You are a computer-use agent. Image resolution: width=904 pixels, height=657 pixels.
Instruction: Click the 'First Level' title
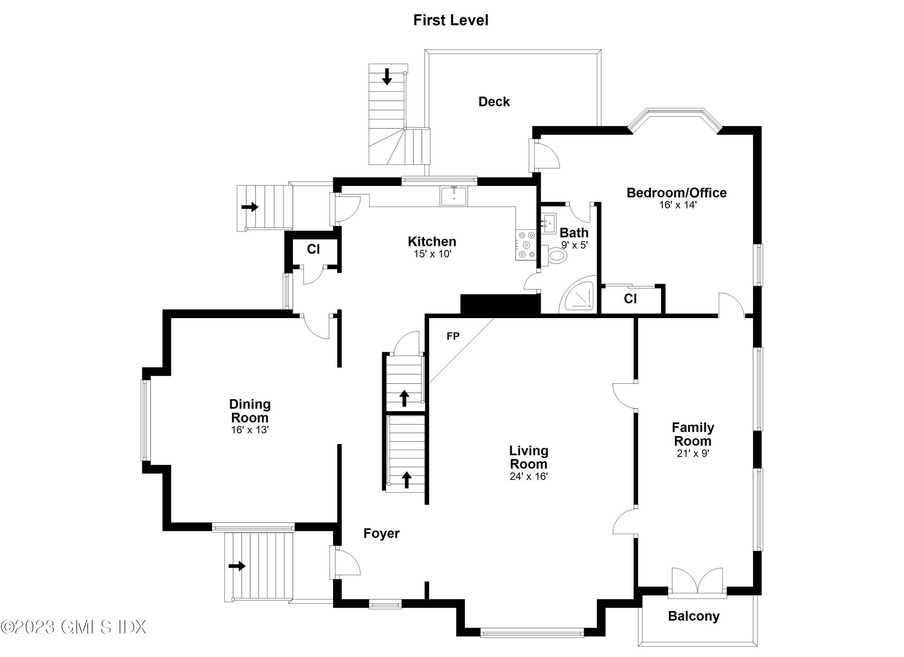pos(450,20)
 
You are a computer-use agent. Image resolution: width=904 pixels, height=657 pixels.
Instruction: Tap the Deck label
pos(494,102)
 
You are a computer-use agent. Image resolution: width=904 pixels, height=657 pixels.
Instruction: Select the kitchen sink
pos(454,196)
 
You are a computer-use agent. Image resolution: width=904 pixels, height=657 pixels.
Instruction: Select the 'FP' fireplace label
pos(453,336)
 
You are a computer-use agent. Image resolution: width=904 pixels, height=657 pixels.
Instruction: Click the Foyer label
pos(381,533)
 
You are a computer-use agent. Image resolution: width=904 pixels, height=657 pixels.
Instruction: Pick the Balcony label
pos(694,616)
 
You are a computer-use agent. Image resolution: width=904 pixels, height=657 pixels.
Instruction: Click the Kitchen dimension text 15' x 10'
pos(432,254)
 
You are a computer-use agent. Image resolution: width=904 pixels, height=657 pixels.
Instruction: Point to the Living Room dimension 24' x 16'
pos(529,476)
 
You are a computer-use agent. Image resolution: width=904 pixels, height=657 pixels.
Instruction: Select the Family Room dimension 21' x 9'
pos(693,453)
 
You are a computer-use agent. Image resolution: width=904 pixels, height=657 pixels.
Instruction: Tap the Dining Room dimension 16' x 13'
pos(250,430)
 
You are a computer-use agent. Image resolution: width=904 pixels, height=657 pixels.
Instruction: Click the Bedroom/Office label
pos(676,193)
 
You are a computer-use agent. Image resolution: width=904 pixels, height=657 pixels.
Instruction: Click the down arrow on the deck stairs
pos(387,77)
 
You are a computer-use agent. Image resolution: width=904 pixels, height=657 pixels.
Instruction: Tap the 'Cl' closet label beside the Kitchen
pos(313,249)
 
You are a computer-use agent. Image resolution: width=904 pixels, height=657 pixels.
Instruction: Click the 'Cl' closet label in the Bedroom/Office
pos(630,299)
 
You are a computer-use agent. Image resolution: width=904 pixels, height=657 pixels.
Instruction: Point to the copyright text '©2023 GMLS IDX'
pos(74,627)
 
